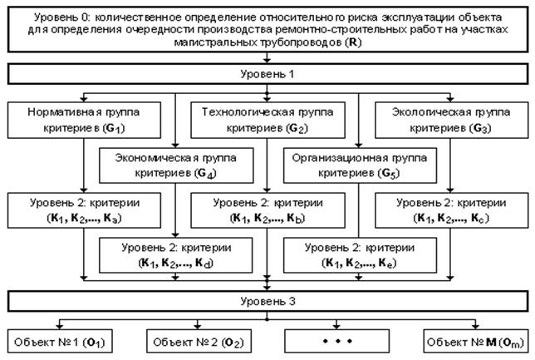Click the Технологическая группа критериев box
click(x=265, y=120)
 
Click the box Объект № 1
click(x=62, y=341)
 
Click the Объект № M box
click(x=469, y=341)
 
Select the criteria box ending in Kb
click(x=265, y=210)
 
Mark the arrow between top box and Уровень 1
click(x=267, y=58)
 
